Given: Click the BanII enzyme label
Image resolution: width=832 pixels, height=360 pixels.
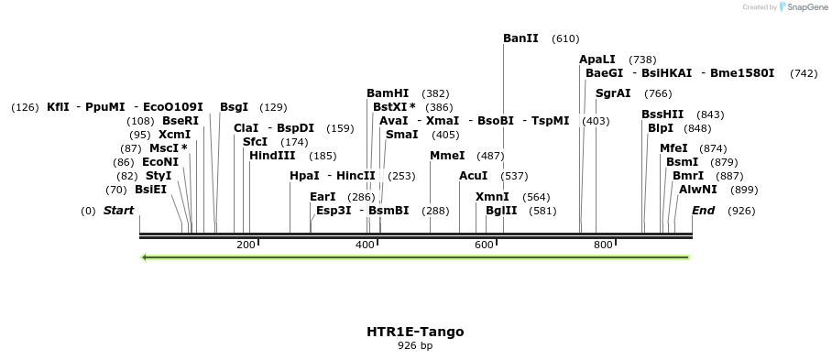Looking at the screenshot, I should point(520,38).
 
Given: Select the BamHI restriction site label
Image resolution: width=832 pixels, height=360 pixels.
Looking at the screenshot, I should point(388,93).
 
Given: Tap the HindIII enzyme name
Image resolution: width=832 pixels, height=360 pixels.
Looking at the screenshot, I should point(272,156).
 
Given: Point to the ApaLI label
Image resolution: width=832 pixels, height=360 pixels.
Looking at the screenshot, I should point(597,60).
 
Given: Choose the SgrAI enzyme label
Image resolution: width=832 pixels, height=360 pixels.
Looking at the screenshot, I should point(613,93).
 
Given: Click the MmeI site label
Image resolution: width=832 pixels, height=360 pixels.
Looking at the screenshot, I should point(447,156).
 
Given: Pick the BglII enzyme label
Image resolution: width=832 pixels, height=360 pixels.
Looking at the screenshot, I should point(501,211).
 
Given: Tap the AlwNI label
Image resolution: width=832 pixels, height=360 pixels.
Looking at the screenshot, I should point(698,190).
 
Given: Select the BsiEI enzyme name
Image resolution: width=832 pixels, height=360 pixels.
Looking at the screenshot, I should point(151,190).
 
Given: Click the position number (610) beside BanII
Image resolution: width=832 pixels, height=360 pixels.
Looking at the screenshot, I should point(565,38).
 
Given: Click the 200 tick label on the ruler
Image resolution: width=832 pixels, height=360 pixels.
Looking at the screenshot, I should point(246,245).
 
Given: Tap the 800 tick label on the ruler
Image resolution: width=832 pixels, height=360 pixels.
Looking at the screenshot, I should point(603,245).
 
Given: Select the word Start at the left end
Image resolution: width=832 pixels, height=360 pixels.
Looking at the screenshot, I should point(118,211).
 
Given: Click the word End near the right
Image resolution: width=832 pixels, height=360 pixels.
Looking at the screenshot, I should point(703,211).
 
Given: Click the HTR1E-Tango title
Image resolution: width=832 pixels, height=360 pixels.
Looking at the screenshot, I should point(415,332).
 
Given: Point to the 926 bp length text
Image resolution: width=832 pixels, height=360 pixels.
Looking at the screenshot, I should point(415,346).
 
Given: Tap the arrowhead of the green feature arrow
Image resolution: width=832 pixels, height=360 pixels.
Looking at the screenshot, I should point(145,256).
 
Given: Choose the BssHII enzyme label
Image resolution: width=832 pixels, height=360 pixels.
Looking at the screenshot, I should point(662,115).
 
